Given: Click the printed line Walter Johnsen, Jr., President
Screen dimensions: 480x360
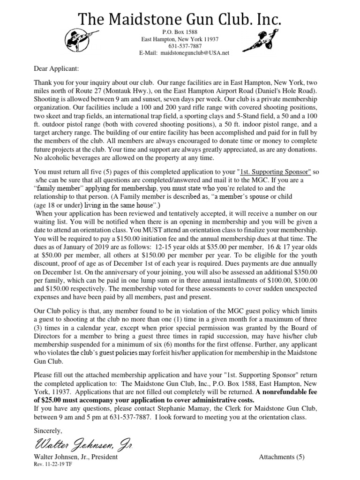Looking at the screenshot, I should coord(75,457).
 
